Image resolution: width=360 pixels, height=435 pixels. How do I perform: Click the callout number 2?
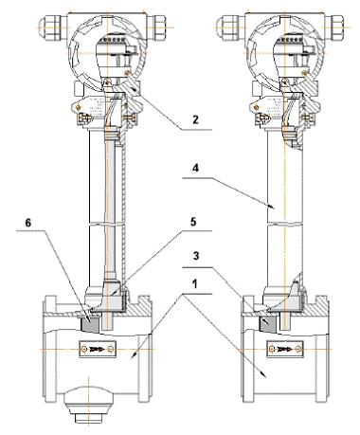[195, 119]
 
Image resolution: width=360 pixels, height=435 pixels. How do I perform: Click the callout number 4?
[196, 168]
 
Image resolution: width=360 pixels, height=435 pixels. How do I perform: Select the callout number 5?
[193, 222]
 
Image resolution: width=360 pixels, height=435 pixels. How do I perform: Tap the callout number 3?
[196, 255]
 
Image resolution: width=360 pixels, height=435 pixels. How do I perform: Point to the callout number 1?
[195, 283]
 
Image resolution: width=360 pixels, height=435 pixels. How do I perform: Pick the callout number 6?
[28, 223]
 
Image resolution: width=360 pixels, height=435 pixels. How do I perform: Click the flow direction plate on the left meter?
[97, 349]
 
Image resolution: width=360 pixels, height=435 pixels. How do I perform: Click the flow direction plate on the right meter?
[285, 349]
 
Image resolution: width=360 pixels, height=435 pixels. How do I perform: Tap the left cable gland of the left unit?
[53, 27]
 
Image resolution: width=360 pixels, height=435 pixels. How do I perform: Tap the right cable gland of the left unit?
[157, 27]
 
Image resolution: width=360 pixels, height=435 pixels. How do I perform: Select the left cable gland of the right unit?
[230, 27]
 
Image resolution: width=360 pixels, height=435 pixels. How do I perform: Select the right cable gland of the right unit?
[334, 27]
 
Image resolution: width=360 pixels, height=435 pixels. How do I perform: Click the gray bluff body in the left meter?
[90, 323]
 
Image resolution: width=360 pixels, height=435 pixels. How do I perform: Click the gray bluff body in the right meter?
[268, 323]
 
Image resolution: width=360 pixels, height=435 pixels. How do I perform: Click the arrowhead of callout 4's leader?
[271, 207]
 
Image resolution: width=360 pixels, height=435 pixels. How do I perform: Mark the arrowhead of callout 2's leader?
[135, 88]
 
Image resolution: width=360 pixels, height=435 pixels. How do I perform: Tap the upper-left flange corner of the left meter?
[44, 297]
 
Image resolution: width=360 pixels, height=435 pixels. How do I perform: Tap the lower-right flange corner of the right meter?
[328, 402]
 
